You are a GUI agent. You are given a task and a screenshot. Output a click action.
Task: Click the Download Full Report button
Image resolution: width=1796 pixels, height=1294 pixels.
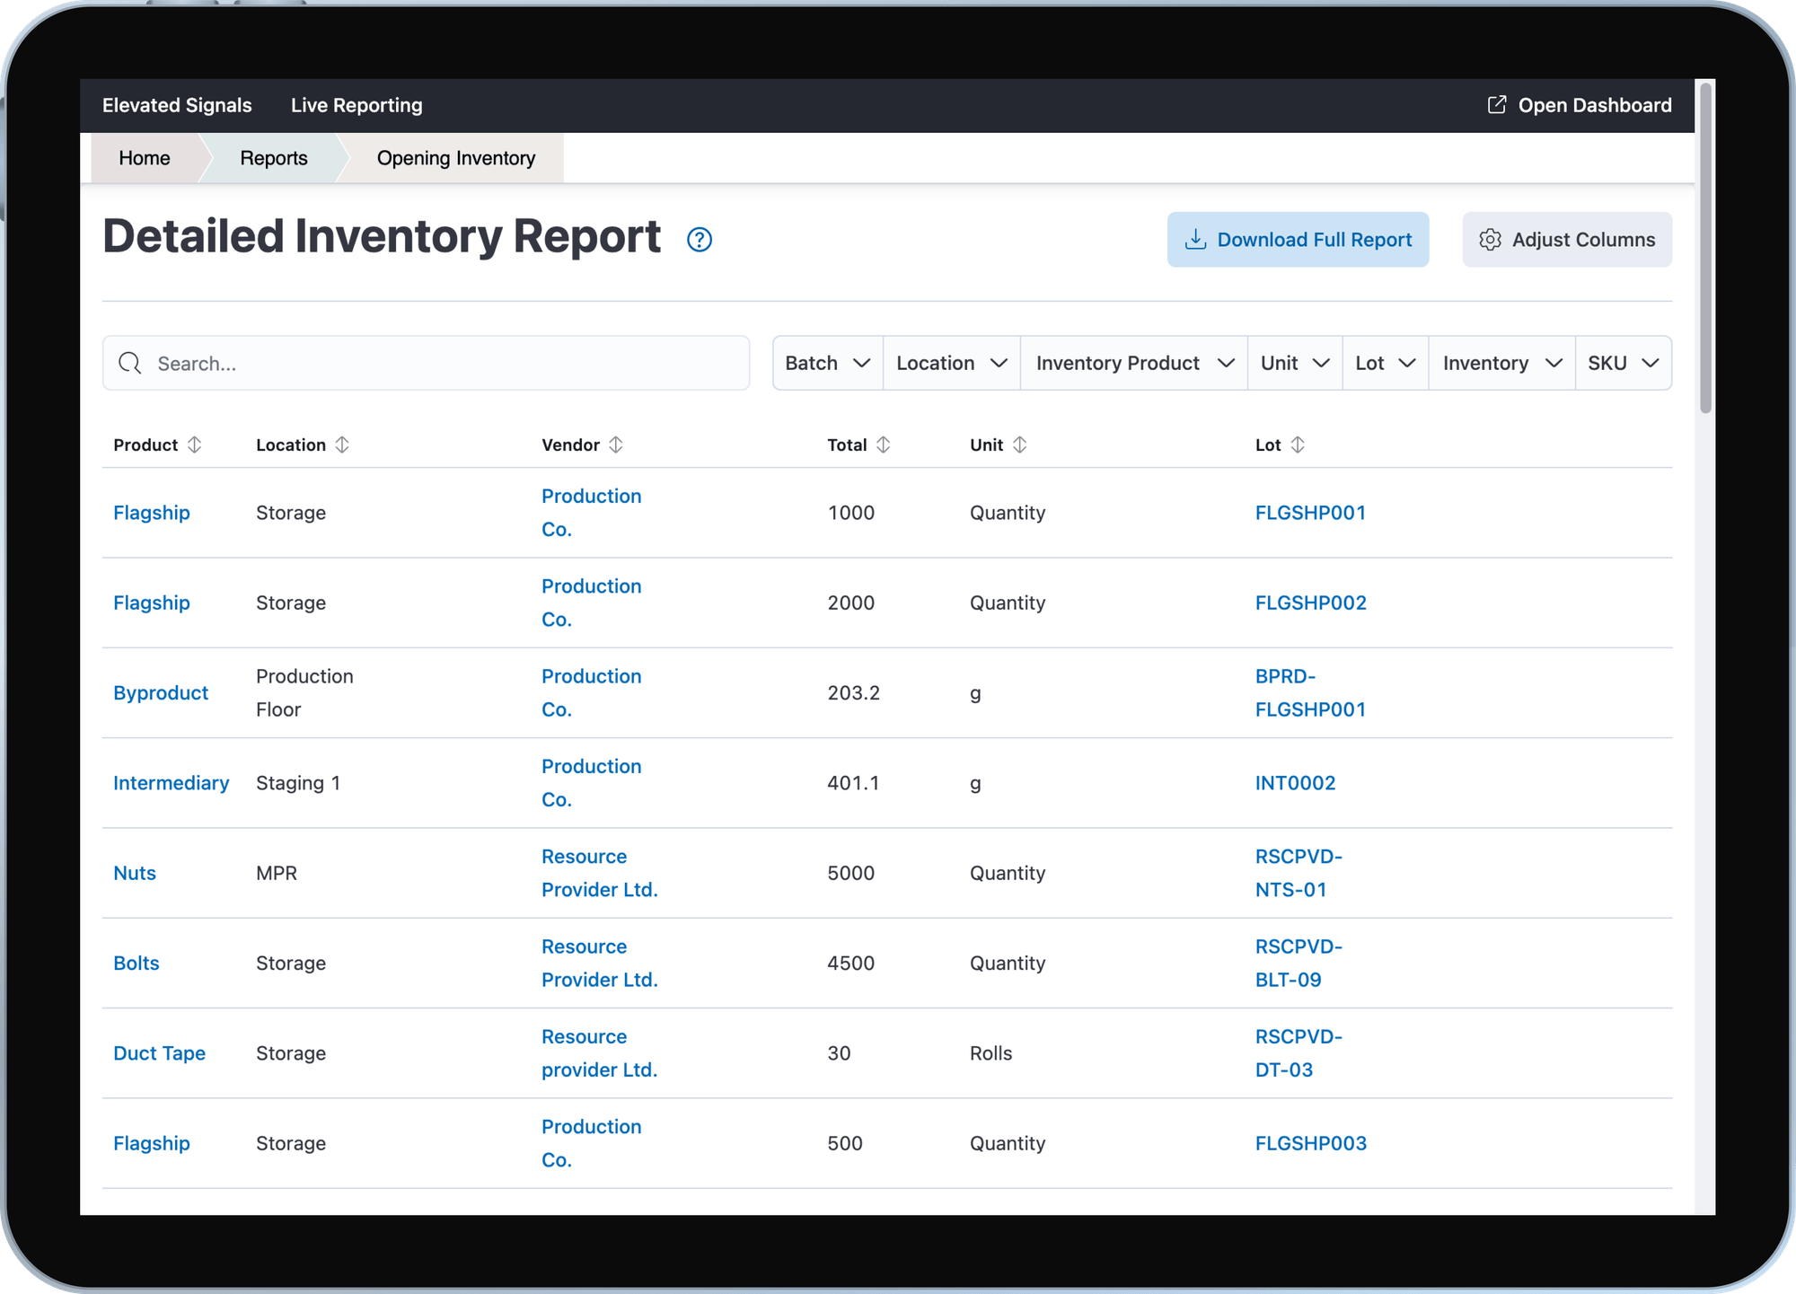[x=1298, y=240]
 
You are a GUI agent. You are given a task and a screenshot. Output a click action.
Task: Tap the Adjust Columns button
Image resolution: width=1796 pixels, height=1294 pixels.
[x=1566, y=240]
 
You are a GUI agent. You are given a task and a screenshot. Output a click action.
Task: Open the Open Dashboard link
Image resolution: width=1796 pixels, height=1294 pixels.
[x=1580, y=105]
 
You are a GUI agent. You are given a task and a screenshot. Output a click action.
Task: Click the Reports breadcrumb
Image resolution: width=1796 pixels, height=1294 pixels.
[x=273, y=158]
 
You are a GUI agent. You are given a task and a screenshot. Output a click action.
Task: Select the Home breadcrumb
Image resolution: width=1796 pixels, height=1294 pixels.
[x=144, y=158]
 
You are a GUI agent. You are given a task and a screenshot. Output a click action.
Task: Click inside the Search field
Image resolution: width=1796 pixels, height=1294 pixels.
[x=440, y=363]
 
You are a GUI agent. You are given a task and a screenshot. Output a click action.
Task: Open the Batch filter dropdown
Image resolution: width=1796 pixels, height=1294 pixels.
[x=827, y=363]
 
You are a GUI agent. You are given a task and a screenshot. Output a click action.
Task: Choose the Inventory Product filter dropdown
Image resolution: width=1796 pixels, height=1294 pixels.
[x=1133, y=363]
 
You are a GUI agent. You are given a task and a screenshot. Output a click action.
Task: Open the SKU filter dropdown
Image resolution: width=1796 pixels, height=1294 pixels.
[x=1622, y=363]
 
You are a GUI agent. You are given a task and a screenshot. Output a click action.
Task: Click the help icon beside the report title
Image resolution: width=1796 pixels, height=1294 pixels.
[x=699, y=240]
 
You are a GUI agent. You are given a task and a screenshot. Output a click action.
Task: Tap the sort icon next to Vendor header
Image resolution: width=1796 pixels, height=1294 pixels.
[x=615, y=445]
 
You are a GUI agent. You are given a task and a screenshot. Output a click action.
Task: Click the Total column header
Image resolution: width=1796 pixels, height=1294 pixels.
[x=847, y=445]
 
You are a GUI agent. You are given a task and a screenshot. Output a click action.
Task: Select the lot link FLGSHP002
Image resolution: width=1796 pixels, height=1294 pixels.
[x=1310, y=603]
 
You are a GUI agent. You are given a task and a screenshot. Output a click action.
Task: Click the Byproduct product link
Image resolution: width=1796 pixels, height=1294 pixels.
[x=161, y=692]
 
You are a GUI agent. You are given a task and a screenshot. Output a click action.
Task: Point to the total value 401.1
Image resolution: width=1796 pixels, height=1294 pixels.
[x=852, y=783]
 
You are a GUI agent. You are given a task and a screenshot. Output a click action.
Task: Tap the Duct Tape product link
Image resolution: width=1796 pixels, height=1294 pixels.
[x=159, y=1052]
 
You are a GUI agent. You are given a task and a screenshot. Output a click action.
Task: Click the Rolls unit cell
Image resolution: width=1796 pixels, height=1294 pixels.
[x=990, y=1052]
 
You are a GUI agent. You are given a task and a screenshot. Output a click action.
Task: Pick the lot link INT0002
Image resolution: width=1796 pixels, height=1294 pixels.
[x=1295, y=783]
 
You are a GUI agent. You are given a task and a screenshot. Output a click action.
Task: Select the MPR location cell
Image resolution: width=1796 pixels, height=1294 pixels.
[x=276, y=873]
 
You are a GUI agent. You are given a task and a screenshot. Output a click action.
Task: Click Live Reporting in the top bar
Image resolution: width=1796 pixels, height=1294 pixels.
[x=356, y=105]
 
